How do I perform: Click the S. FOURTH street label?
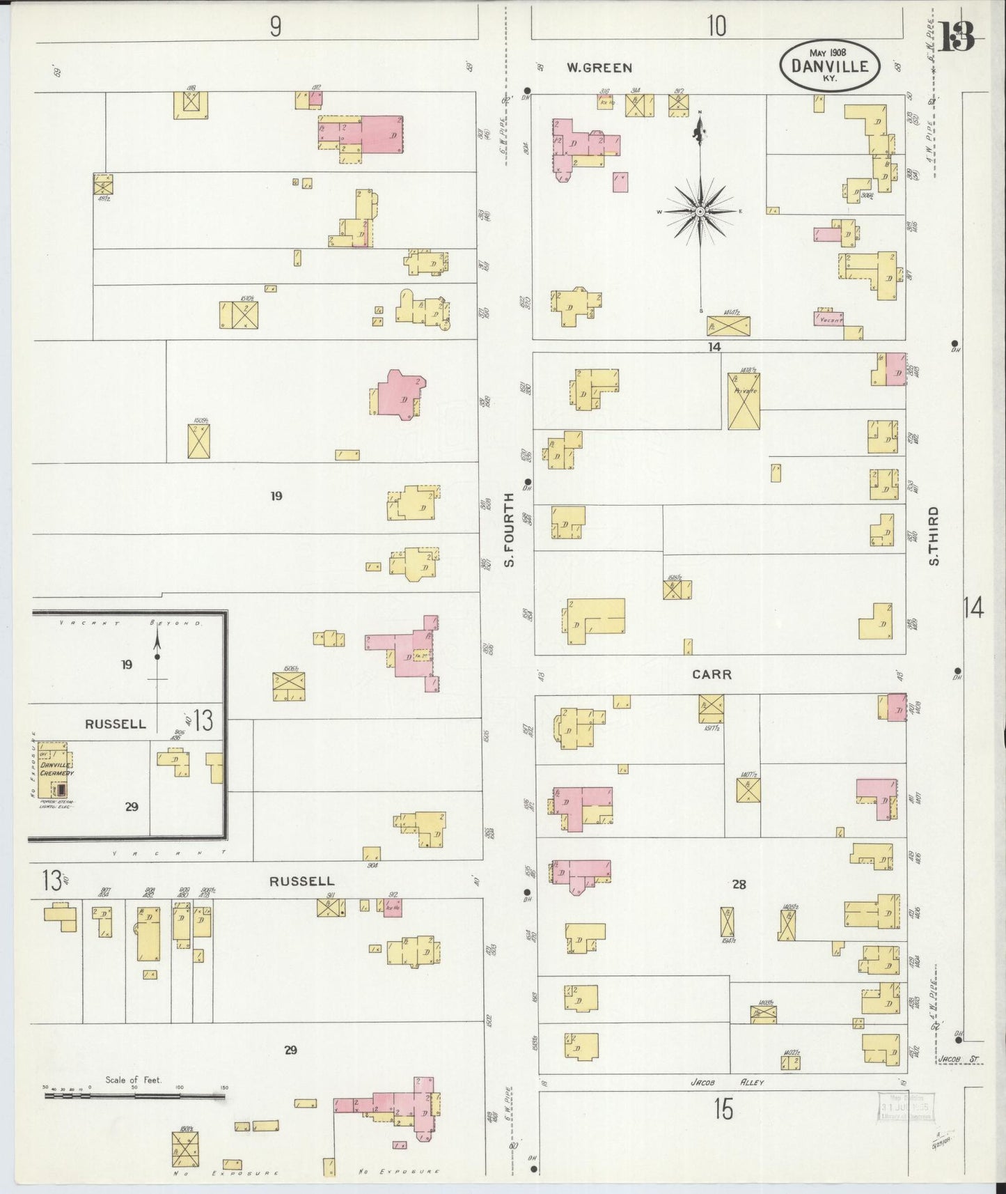(x=510, y=529)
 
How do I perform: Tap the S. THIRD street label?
(x=934, y=536)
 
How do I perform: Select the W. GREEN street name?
(x=599, y=68)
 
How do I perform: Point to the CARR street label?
(x=712, y=674)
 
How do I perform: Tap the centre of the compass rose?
(x=700, y=210)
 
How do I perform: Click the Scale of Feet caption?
(x=133, y=1080)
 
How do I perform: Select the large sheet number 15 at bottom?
(x=723, y=1110)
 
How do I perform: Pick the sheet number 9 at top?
(x=276, y=26)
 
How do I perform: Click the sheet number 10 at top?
(x=716, y=26)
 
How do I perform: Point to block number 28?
(x=739, y=884)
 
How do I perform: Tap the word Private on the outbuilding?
(x=744, y=391)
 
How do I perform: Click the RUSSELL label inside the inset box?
(x=116, y=724)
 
